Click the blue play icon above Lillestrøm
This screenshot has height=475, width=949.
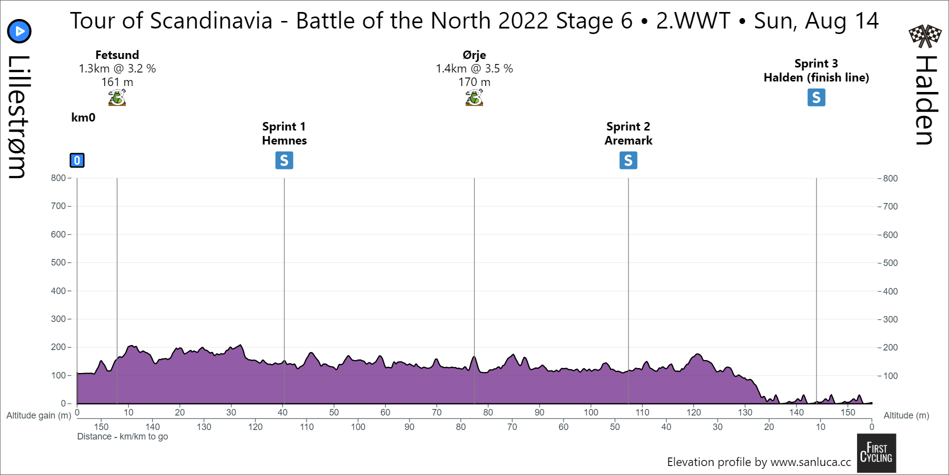pyautogui.click(x=19, y=31)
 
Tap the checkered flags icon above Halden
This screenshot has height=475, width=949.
pyautogui.click(x=924, y=35)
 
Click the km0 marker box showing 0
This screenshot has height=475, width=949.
pyautogui.click(x=77, y=160)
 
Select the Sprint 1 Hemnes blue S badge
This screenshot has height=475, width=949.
pyautogui.click(x=284, y=160)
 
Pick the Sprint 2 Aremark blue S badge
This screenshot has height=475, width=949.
pyautogui.click(x=628, y=160)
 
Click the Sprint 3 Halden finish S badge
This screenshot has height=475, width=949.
pyautogui.click(x=816, y=97)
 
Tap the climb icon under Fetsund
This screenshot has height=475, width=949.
pyautogui.click(x=117, y=97)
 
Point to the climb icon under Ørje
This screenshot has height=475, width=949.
pyautogui.click(x=474, y=97)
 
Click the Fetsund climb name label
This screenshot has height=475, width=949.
pyautogui.click(x=117, y=55)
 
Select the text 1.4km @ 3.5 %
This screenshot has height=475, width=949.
pyautogui.click(x=474, y=68)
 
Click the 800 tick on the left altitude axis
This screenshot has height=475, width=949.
pyautogui.click(x=58, y=178)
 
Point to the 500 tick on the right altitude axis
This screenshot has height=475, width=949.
pyautogui.click(x=890, y=263)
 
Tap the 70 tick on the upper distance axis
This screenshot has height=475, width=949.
pyautogui.click(x=436, y=412)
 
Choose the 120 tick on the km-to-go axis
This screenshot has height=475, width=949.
pyautogui.click(x=255, y=427)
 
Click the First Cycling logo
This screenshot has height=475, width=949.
pyautogui.click(x=876, y=453)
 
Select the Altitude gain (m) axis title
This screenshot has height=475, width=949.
pyautogui.click(x=38, y=415)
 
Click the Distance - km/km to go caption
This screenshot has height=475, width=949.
pyautogui.click(x=122, y=436)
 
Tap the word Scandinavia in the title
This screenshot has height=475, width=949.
pyautogui.click(x=211, y=21)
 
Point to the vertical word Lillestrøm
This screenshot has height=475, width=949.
pyautogui.click(x=17, y=116)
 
